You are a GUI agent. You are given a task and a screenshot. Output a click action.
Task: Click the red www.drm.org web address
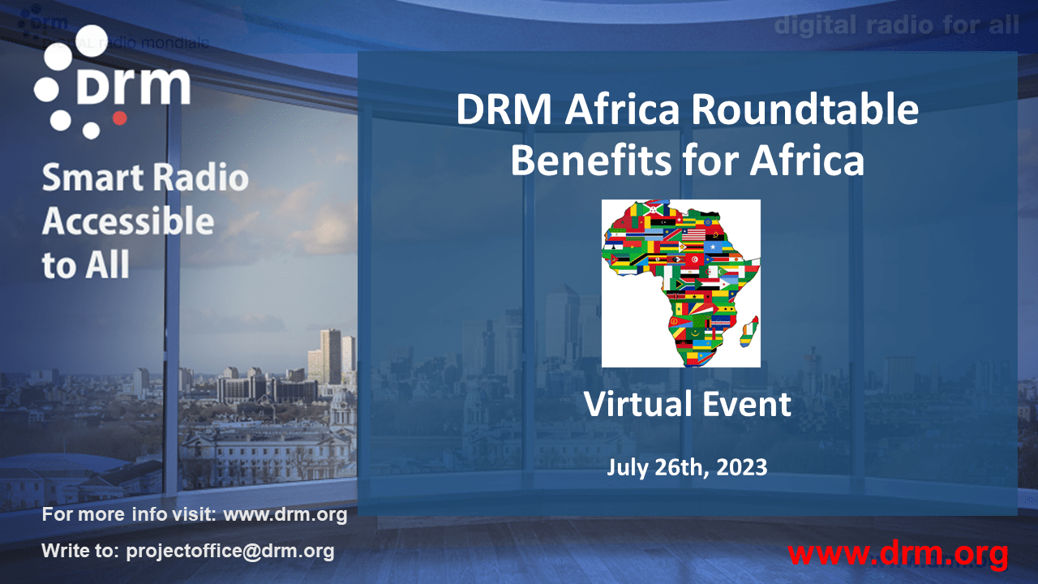point(898,554)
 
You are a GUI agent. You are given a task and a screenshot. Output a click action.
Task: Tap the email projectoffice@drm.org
point(230,552)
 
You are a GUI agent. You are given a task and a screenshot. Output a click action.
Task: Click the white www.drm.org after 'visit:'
point(285,514)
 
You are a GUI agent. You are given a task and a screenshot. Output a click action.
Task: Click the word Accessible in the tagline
point(128,221)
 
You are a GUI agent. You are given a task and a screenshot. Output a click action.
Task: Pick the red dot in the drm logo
point(119,118)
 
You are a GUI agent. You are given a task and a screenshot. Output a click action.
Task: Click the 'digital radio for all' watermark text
point(896,25)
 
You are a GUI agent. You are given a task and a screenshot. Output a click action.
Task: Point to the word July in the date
point(626,467)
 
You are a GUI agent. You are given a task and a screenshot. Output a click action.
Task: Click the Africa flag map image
point(680,283)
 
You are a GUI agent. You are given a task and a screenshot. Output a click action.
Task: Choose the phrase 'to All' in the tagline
point(85,265)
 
